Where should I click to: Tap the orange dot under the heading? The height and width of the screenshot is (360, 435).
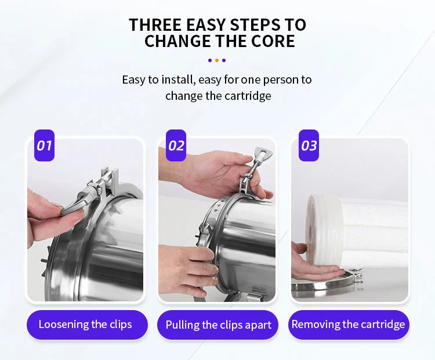pyautogui.click(x=216, y=60)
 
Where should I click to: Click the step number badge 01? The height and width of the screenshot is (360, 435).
pyautogui.click(x=44, y=145)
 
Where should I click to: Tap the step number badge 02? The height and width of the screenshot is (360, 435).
pyautogui.click(x=176, y=145)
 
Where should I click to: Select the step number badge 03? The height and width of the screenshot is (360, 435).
pyautogui.click(x=309, y=145)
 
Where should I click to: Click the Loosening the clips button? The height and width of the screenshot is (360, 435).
pyautogui.click(x=85, y=325)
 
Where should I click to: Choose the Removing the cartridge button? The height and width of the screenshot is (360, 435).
pyautogui.click(x=349, y=325)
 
